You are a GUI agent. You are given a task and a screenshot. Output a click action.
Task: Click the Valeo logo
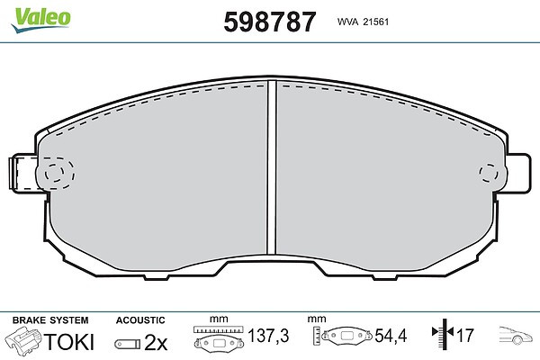40,19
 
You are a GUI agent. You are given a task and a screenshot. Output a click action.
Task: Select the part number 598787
270,22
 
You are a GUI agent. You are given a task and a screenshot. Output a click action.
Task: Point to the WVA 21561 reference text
363,22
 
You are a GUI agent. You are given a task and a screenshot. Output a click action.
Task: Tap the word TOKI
69,342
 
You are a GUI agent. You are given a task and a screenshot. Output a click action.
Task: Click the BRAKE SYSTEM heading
50,320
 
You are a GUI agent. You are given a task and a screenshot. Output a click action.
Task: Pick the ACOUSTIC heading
140,320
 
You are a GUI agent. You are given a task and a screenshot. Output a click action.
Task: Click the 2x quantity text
156,342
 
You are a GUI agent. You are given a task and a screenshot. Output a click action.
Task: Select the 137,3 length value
268,336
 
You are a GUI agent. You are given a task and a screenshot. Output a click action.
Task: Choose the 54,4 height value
391,336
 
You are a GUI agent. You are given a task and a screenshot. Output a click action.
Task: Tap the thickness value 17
465,336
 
